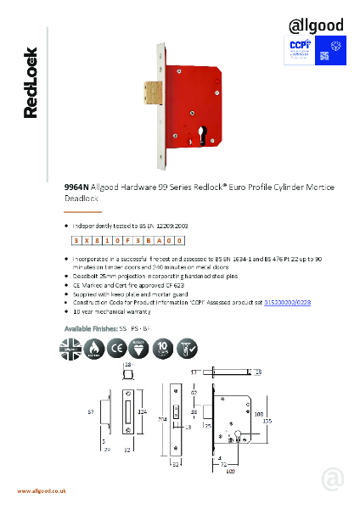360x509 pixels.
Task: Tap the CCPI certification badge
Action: [299, 48]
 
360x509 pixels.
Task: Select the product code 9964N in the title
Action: [77, 187]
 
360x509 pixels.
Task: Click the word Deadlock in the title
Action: [82, 198]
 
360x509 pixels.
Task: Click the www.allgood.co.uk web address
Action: [42, 491]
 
